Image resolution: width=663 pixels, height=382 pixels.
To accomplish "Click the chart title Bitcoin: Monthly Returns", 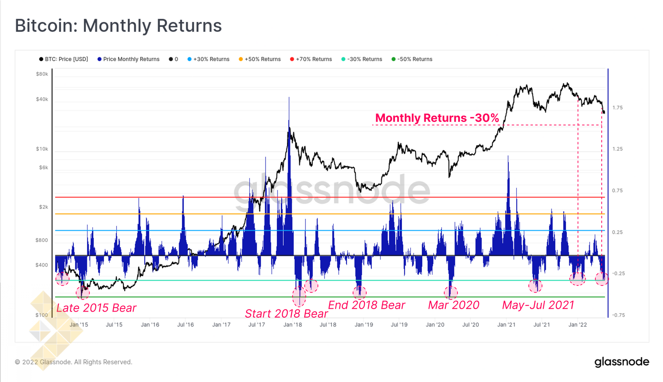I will (x=118, y=26).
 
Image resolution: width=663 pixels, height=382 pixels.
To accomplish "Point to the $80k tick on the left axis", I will (x=42, y=74).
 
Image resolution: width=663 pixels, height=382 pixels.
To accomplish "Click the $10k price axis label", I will (x=42, y=149).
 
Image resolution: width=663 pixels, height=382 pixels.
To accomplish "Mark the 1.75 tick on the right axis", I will (x=617, y=108).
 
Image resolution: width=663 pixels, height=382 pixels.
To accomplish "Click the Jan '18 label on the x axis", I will (x=293, y=325).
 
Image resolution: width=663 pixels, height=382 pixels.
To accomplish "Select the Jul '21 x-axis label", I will (x=542, y=325).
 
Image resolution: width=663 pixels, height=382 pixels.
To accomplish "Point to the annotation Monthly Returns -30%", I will (x=437, y=118).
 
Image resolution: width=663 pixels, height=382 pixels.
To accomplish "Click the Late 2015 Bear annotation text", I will (x=96, y=308).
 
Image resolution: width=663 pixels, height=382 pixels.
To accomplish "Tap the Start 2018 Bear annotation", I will (x=286, y=314).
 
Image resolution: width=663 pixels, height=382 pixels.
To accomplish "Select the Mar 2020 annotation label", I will (x=453, y=305).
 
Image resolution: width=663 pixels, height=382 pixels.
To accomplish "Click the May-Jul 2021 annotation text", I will (x=538, y=305).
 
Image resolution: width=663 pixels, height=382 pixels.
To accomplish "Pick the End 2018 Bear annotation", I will (x=366, y=305).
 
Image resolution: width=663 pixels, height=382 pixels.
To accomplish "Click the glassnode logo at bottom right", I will (x=622, y=362).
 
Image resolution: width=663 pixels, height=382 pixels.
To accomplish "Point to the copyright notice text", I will (x=74, y=362).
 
